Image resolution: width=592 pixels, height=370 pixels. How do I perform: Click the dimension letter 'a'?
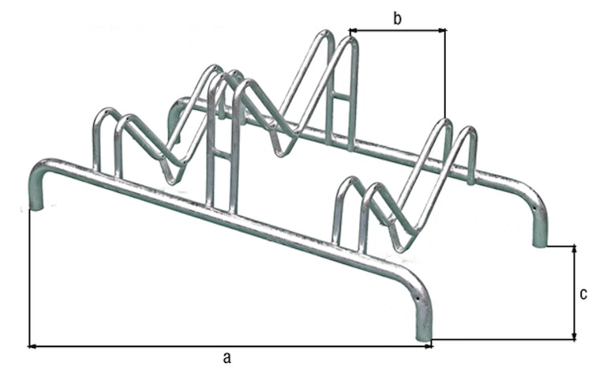(227, 357)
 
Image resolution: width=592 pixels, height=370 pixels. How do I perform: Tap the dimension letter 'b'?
(398, 18)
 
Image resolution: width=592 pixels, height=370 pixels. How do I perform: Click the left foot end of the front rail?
(36, 207)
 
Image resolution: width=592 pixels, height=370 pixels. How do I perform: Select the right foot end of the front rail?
(423, 341)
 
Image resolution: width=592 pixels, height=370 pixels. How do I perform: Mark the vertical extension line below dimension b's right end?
(445, 79)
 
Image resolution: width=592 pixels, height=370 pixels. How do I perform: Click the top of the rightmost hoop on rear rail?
(467, 130)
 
